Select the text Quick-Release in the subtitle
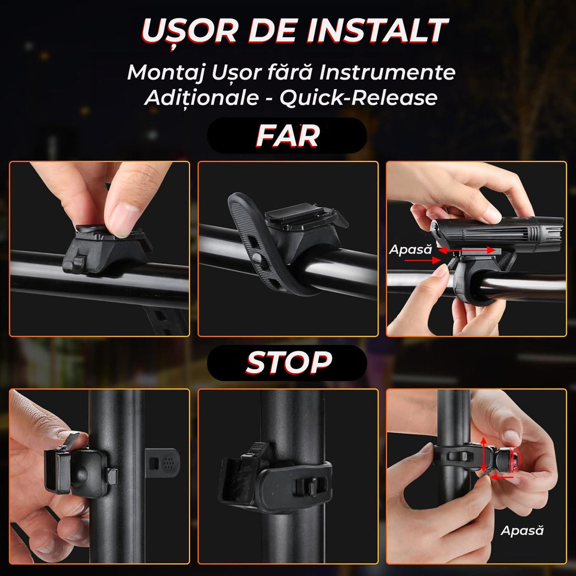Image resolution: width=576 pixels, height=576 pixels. (358, 98)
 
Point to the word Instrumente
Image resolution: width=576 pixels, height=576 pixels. (387, 72)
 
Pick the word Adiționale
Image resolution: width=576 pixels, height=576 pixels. (201, 98)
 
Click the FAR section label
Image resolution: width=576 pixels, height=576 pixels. (287, 136)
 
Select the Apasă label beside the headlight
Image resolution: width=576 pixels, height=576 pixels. (410, 250)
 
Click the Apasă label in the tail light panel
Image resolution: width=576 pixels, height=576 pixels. (522, 530)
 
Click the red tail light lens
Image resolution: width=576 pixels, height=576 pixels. (516, 460)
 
